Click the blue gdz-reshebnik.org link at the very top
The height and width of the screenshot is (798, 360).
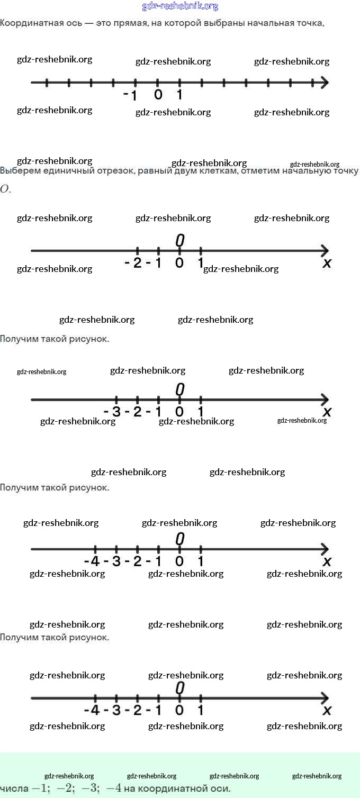coord(180,6)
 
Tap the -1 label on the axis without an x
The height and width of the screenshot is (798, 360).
coord(130,96)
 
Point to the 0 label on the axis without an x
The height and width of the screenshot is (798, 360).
coord(158,95)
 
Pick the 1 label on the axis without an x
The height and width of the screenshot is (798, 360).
coord(179,95)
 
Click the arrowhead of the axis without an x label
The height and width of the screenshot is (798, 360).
coord(324,83)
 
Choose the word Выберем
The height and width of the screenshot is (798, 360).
coord(20,170)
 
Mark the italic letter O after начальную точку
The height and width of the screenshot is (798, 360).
coord(5,189)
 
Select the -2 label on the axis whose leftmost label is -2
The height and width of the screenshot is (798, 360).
coord(133,263)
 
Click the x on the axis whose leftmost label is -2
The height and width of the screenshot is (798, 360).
coord(327,263)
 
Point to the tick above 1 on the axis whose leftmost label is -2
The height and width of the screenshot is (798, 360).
coord(201,251)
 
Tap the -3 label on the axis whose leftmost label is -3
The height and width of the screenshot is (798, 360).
coord(112,412)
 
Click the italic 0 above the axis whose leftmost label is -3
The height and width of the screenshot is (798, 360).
coord(180,389)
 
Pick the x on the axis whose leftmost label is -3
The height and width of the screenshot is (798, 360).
coord(327,412)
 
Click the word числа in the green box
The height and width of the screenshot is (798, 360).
coord(14,788)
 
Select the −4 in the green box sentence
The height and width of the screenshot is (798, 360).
coord(114,788)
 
